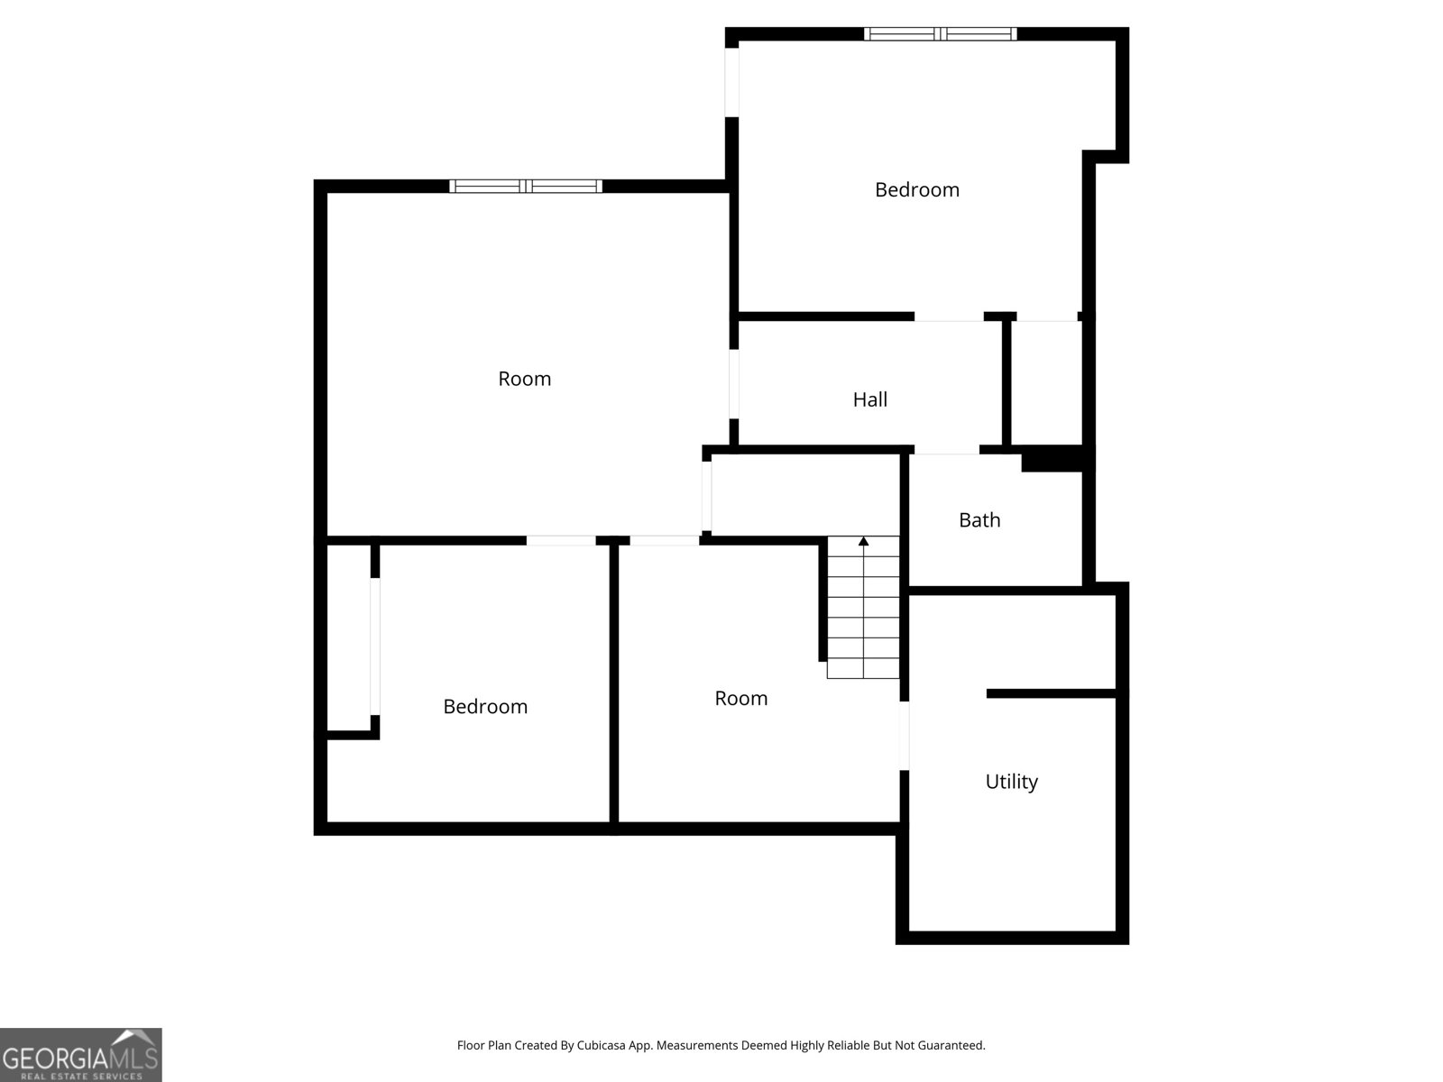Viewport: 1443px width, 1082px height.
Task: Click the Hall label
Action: (869, 399)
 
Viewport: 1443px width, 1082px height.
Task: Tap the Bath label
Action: (979, 519)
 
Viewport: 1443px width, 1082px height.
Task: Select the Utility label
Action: (1011, 782)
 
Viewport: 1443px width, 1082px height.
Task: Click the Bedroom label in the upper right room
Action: (916, 190)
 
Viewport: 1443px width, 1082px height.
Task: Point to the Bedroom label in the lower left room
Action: (485, 706)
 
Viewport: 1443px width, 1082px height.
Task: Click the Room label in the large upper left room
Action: (524, 379)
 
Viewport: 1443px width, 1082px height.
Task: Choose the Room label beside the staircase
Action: (741, 698)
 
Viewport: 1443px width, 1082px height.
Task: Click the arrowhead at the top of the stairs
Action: (863, 541)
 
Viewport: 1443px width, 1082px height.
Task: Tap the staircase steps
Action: (863, 607)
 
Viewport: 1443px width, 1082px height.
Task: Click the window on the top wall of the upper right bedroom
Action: (940, 34)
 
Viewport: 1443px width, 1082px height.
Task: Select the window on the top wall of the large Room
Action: (525, 186)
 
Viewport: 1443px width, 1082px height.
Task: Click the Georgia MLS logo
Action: (81, 1054)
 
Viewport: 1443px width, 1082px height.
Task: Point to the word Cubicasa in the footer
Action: (601, 1045)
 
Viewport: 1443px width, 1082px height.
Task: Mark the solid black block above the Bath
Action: (1052, 459)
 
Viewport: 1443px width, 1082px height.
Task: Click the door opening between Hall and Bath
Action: (947, 450)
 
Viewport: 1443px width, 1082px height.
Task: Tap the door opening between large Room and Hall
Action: (733, 384)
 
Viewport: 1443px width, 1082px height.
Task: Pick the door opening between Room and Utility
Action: (904, 736)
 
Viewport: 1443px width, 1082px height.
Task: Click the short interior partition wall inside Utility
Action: (1052, 693)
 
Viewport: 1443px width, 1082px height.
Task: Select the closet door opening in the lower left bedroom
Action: (374, 646)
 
